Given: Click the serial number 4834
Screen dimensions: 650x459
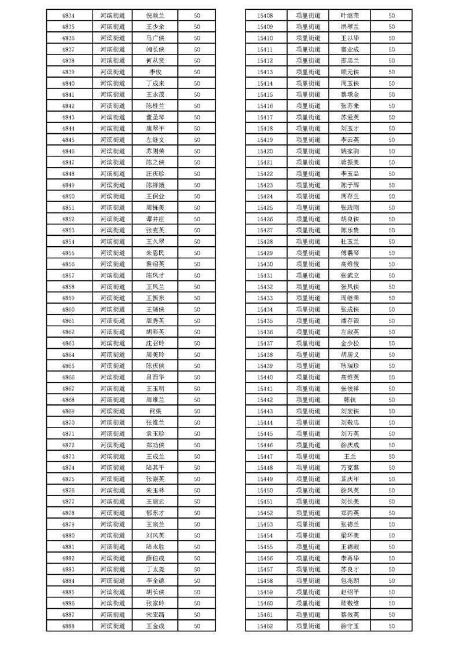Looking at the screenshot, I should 68,16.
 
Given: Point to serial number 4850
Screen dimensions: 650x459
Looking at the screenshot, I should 68,196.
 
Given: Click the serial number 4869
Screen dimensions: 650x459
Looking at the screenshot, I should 68,411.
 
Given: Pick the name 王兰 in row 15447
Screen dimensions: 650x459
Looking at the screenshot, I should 350,457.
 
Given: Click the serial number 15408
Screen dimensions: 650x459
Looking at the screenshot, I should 265,16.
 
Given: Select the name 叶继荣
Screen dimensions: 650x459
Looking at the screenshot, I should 350,16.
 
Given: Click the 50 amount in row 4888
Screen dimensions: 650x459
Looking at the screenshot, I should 197,626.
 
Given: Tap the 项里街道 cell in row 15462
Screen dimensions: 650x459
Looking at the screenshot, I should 307,626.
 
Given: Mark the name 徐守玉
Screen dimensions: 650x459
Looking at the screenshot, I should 350,626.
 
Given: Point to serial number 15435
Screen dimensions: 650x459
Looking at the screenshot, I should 265,321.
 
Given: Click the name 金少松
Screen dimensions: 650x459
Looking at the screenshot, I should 350,344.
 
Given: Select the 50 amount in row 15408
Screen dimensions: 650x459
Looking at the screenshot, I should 392,16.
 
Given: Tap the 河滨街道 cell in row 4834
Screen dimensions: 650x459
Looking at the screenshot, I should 112,16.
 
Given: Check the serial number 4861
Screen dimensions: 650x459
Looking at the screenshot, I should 68,321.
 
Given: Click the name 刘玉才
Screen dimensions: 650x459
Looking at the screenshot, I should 350,129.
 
